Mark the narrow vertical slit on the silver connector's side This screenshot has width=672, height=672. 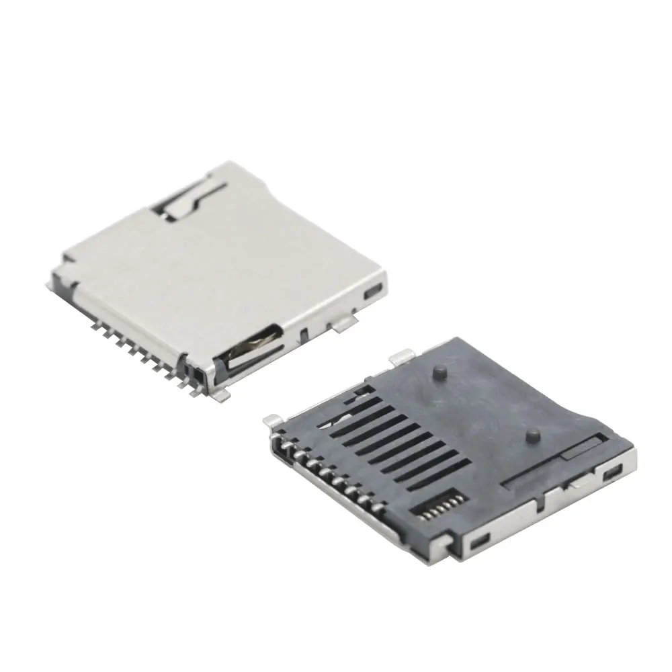tap(304, 333)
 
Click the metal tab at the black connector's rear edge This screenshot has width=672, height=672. tap(402, 358)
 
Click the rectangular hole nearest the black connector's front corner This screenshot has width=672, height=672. tap(478, 541)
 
